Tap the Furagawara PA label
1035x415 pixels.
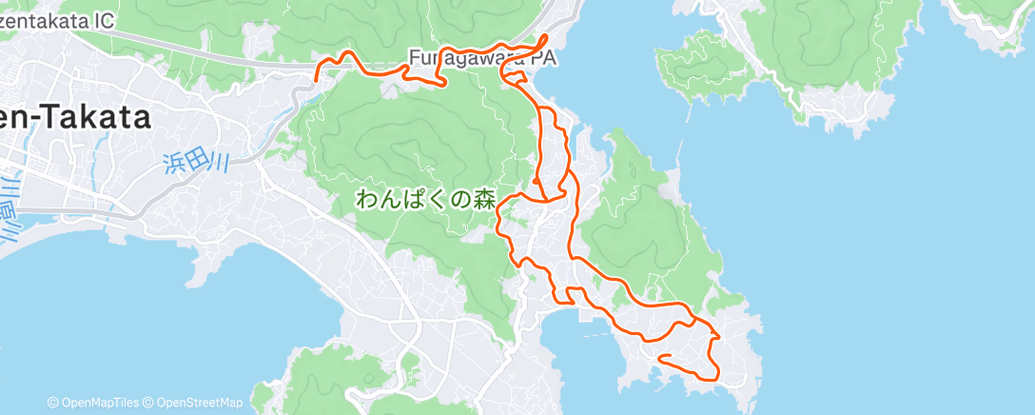click(481, 58)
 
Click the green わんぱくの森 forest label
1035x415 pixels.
click(426, 199)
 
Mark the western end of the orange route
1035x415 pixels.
click(318, 71)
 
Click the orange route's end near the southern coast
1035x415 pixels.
click(660, 357)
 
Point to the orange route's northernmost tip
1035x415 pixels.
click(544, 35)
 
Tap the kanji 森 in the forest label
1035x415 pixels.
click(485, 199)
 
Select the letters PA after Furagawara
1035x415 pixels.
click(543, 58)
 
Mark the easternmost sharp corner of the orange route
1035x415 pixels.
click(718, 336)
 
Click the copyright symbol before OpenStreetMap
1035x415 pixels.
click(149, 403)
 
